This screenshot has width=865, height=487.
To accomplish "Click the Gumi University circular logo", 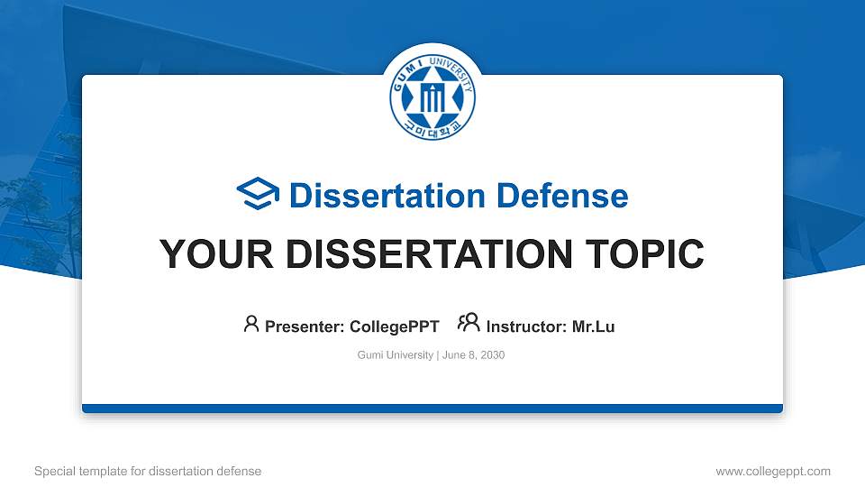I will coord(432,97).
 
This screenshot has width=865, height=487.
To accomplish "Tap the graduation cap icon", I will coord(259,195).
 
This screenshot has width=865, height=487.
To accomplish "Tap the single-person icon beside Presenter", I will coord(251,324).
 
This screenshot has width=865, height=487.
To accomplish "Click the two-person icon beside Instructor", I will coord(469,324).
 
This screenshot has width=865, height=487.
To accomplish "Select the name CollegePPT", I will coord(393,326).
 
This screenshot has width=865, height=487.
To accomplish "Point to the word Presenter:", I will coord(304,326).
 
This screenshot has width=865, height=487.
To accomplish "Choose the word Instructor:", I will coord(526,326).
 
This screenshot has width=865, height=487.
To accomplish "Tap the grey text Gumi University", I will coord(396,355).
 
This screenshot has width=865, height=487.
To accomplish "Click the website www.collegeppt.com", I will coord(772,471).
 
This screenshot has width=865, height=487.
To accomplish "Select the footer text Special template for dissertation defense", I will coord(148,471).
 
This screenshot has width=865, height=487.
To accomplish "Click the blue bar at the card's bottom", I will coord(432,409).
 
